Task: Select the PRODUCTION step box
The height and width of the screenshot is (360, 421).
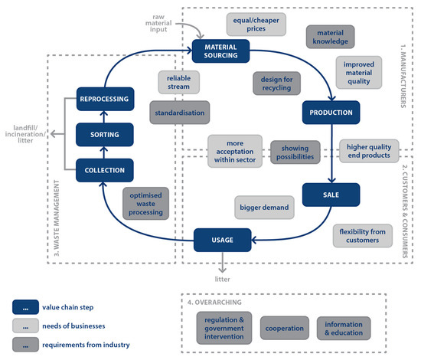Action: click(x=331, y=113)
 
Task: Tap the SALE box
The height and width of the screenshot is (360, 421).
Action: click(x=331, y=195)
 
